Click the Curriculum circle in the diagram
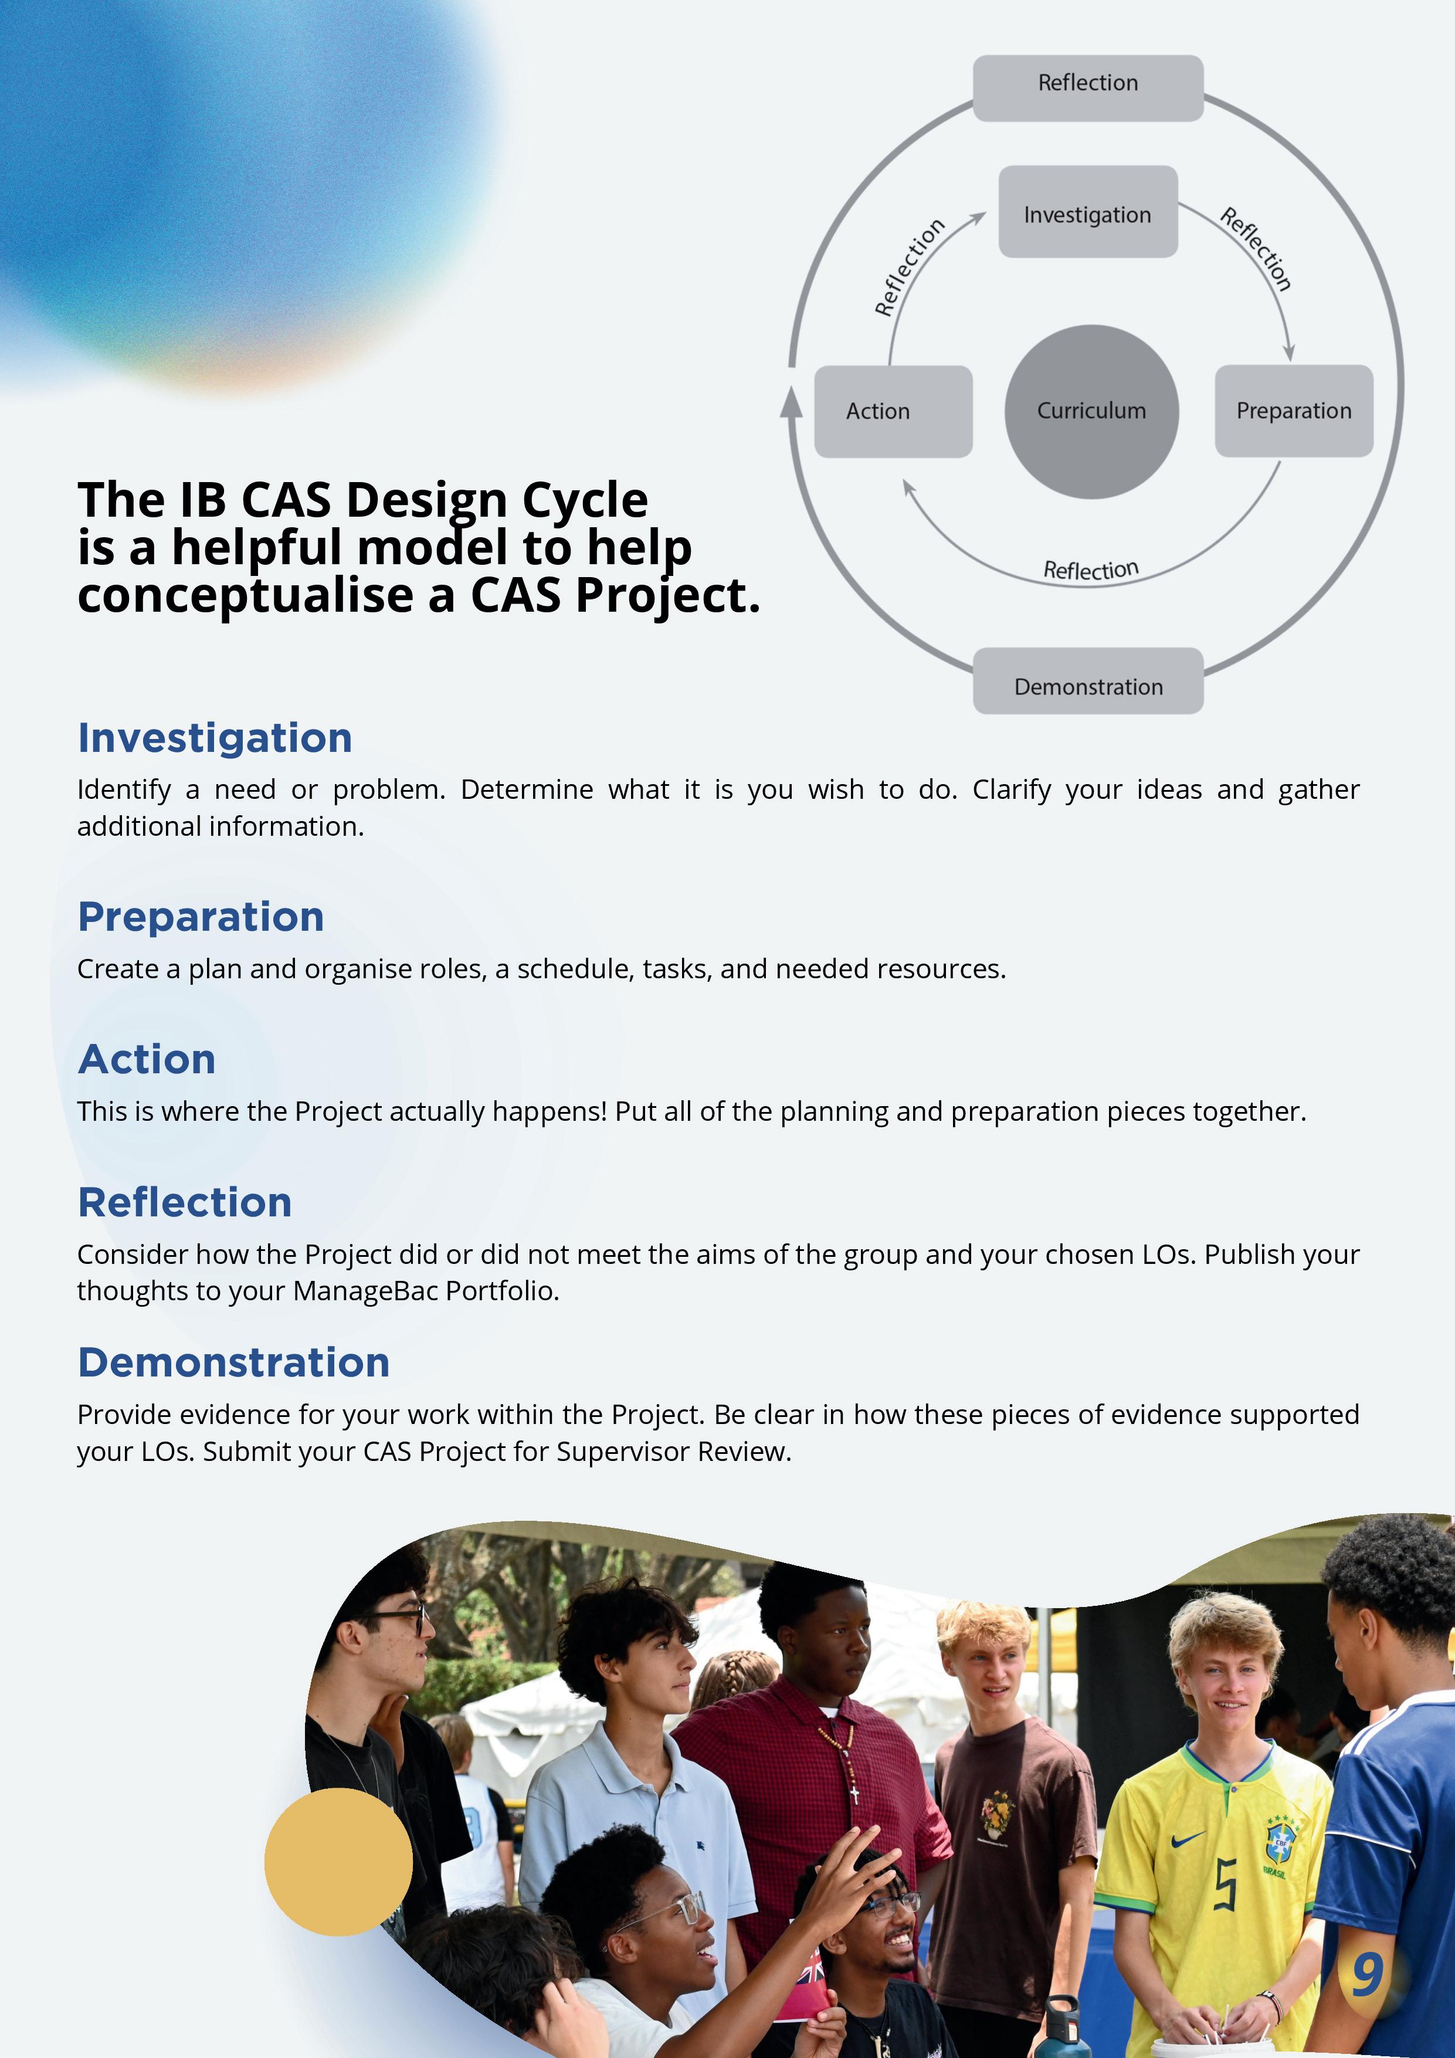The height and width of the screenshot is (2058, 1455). tap(1091, 411)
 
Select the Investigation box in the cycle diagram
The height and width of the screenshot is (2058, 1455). tap(1087, 212)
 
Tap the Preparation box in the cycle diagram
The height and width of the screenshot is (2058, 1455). tap(1294, 411)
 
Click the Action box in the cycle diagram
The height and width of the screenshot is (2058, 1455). tap(893, 411)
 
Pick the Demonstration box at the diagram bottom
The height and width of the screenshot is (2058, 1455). tap(1088, 682)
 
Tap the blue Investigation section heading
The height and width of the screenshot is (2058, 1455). tap(215, 738)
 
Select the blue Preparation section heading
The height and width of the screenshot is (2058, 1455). tap(201, 917)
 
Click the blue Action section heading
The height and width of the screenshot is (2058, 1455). tap(147, 1059)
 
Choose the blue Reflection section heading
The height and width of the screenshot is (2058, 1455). tap(185, 1202)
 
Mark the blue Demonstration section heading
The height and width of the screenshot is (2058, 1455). tap(234, 1362)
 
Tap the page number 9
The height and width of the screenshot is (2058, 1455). tap(1367, 1974)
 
